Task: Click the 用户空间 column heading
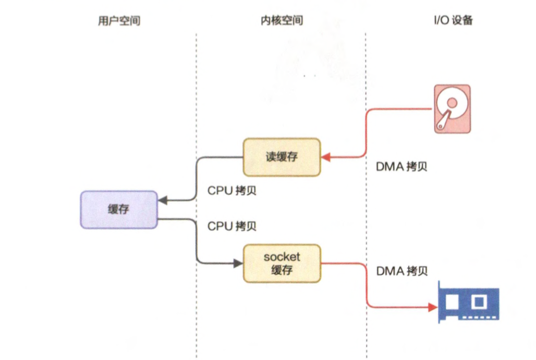119,21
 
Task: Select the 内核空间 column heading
282,21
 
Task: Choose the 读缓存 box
282,157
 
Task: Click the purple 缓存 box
119,209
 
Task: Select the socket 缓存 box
282,263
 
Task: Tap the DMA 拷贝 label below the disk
401,167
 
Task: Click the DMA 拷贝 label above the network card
401,271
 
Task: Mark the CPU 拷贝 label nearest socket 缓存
232,226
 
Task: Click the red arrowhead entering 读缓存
325,157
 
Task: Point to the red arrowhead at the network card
433,307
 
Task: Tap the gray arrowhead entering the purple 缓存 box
162,200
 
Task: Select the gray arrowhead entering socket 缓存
239,263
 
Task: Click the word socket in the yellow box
282,257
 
